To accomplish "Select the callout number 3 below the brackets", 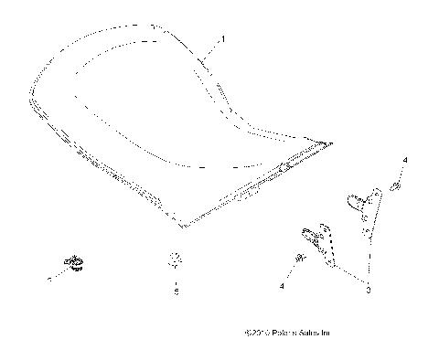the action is [x=369, y=291].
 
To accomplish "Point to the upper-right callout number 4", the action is [x=405, y=162].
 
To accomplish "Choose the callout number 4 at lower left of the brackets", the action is [x=282, y=286].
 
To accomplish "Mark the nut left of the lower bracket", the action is [x=297, y=261].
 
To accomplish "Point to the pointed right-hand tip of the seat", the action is [x=329, y=143].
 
